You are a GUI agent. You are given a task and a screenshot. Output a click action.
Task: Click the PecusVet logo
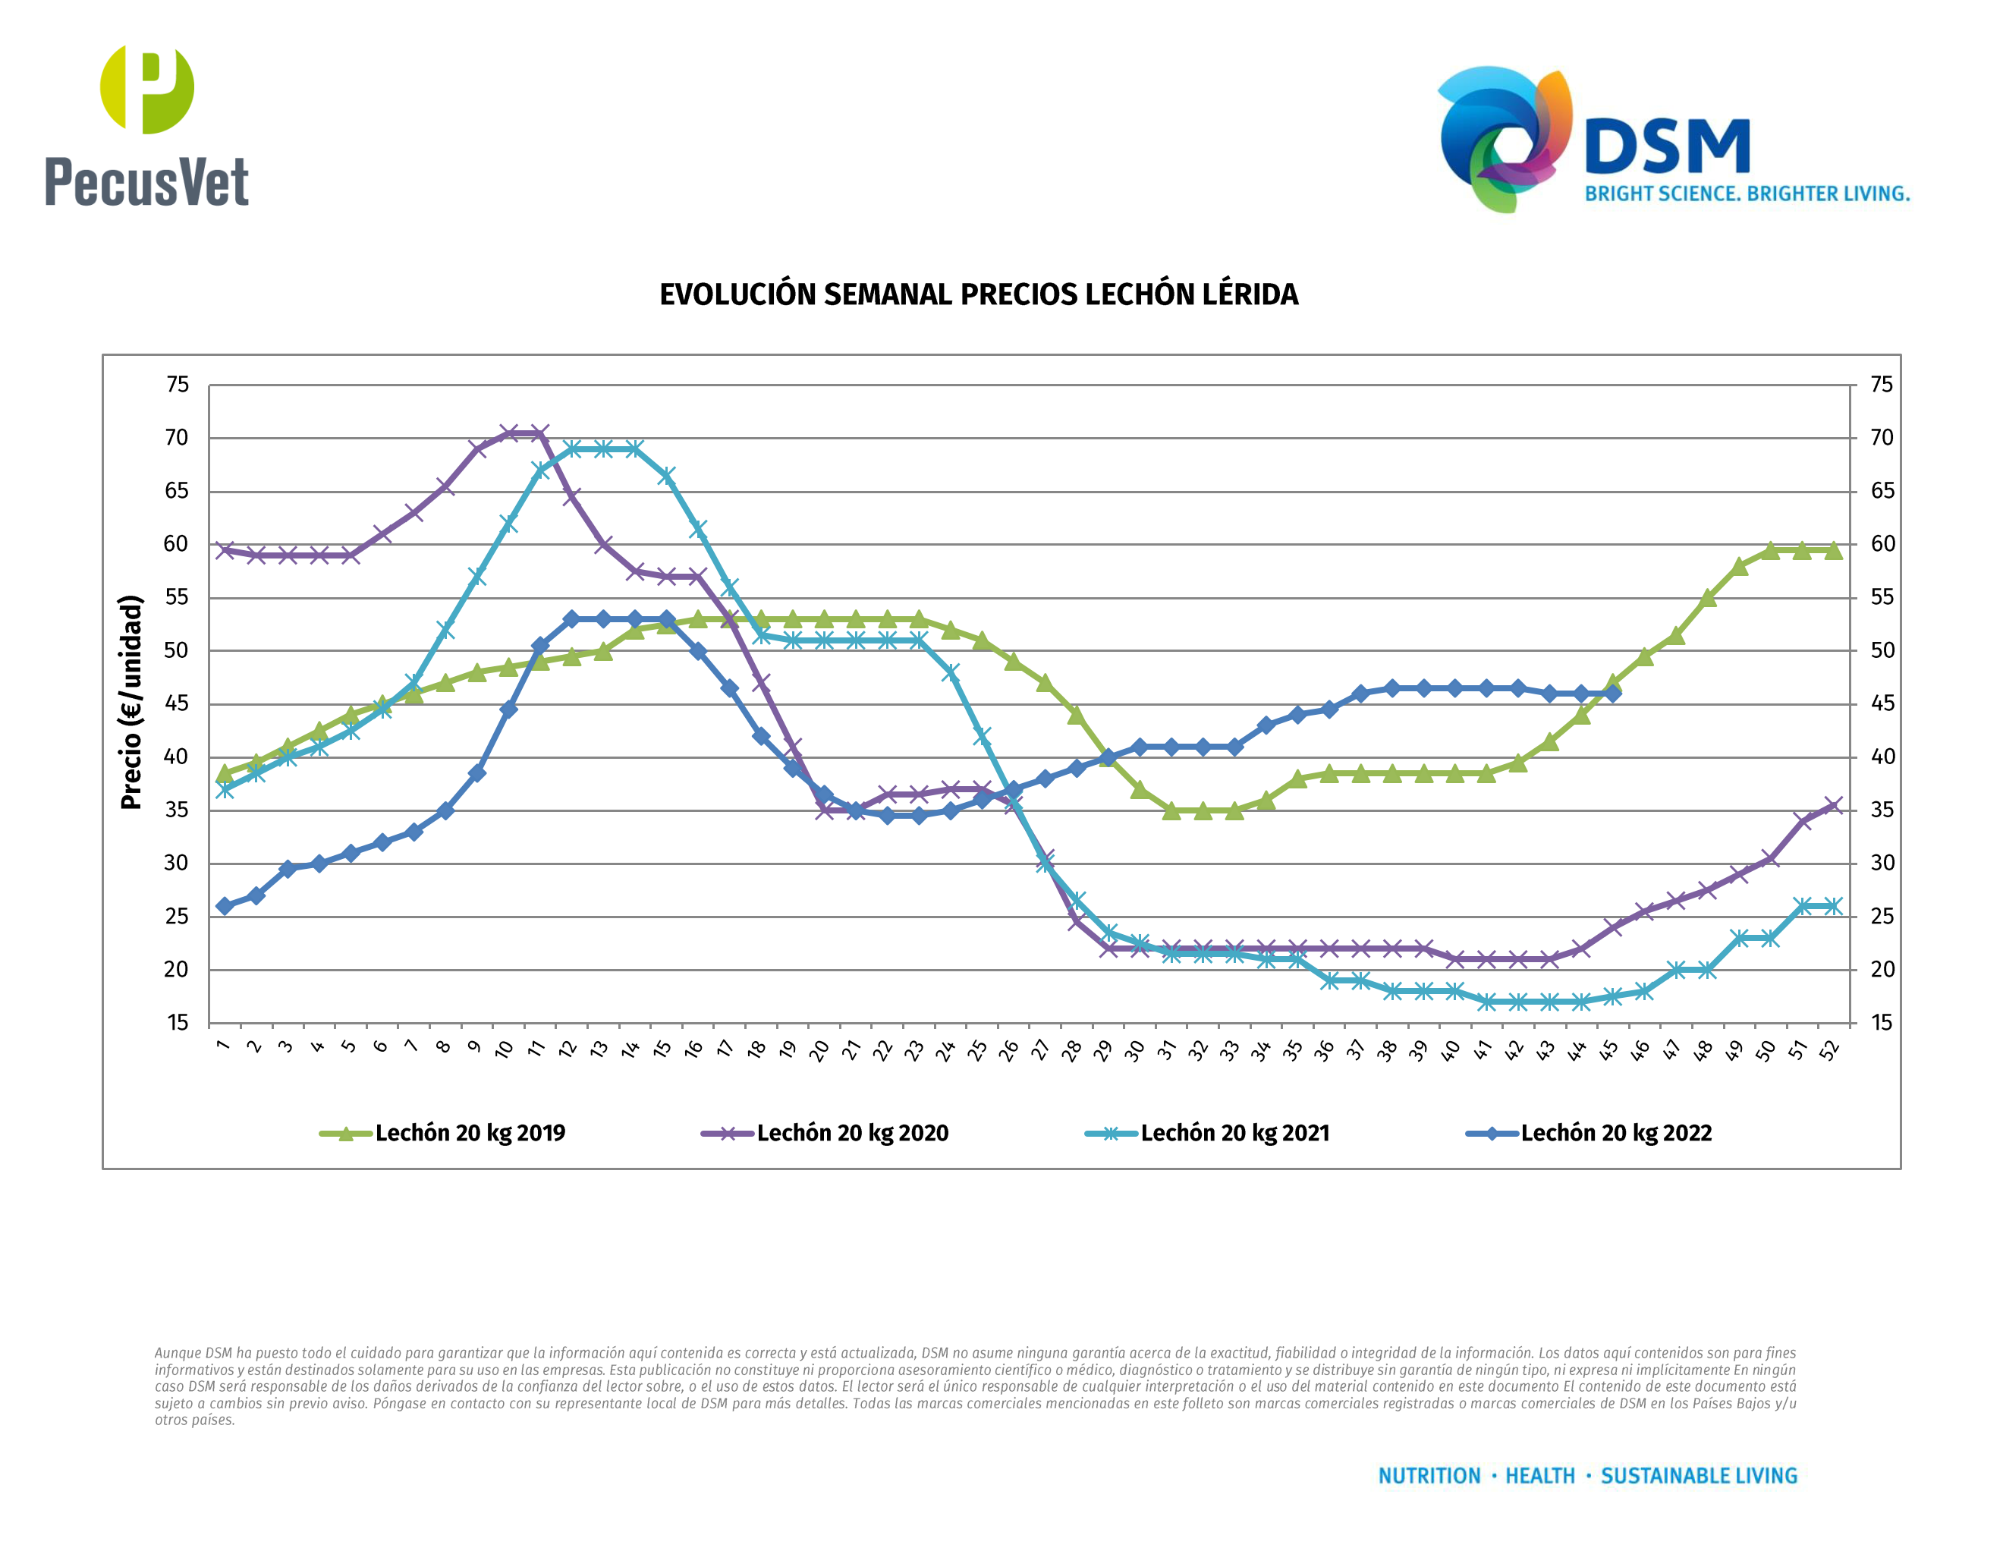[146, 126]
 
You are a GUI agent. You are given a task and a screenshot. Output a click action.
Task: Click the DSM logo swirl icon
[1504, 137]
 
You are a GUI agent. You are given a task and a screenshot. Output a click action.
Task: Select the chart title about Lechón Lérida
[979, 294]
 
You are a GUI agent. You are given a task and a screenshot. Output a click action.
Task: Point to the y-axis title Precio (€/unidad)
[132, 703]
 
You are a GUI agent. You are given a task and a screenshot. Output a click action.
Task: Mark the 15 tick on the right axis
[1882, 1023]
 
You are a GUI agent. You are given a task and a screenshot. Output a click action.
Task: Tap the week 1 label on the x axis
[222, 1046]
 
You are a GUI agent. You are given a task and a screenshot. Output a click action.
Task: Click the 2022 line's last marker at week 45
[1612, 694]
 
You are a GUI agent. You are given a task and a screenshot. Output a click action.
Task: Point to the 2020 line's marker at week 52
[1833, 806]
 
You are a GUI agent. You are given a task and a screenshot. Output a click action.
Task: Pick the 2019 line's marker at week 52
[1833, 550]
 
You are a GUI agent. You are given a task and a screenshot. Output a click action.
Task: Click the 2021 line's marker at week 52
[1833, 906]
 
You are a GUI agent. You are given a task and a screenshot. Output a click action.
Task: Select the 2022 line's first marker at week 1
[225, 906]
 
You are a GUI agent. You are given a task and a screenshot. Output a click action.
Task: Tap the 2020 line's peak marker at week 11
[540, 433]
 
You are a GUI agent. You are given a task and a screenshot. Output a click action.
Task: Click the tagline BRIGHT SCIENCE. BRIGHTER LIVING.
[1747, 194]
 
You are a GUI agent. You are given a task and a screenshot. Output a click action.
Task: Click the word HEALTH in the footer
[1540, 1476]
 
